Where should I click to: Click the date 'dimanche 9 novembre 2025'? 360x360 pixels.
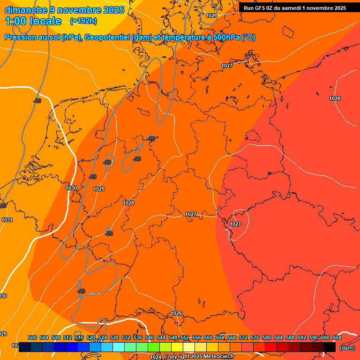[64, 10]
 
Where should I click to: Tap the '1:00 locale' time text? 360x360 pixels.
[33, 21]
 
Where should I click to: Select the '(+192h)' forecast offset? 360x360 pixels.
[83, 21]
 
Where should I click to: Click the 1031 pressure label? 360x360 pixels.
[7, 220]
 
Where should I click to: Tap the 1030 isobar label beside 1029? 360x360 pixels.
[71, 188]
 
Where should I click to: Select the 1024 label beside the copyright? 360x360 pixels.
[156, 357]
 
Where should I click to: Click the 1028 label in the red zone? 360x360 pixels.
[335, 98]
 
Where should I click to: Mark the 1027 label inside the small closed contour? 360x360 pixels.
[235, 225]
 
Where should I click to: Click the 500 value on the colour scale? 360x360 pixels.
[32, 337]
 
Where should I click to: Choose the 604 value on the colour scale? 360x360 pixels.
[337, 337]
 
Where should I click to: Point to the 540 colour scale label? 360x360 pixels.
[150, 337]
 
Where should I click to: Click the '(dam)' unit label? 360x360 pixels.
[347, 348]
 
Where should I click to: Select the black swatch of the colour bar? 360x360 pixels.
[330, 347]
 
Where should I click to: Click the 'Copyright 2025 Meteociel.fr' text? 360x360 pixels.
[199, 357]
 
